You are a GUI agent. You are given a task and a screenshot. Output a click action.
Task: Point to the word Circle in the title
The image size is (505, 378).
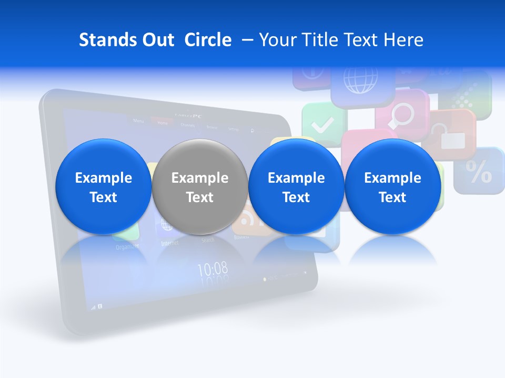(208, 40)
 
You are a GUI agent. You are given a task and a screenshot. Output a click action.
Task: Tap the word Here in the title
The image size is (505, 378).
(404, 40)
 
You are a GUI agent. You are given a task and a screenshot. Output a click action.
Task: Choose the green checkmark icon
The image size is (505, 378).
(322, 125)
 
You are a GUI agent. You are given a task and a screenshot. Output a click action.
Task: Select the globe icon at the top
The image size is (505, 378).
(360, 79)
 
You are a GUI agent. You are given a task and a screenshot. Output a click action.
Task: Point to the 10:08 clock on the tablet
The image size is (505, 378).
(213, 269)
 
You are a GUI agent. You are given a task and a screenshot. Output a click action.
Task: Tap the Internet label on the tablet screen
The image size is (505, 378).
(169, 243)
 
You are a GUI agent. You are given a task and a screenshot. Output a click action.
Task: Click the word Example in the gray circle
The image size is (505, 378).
(200, 178)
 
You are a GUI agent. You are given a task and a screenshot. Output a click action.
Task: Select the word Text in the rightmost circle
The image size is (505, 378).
(392, 197)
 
